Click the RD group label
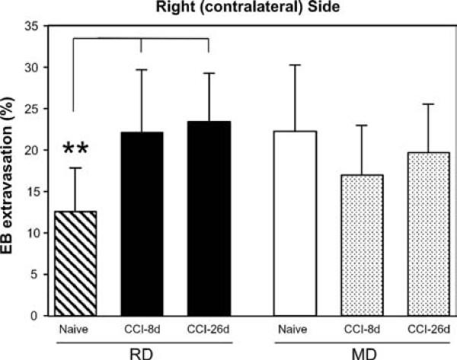[142, 352]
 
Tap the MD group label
[361, 352]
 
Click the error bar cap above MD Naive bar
[295, 65]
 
